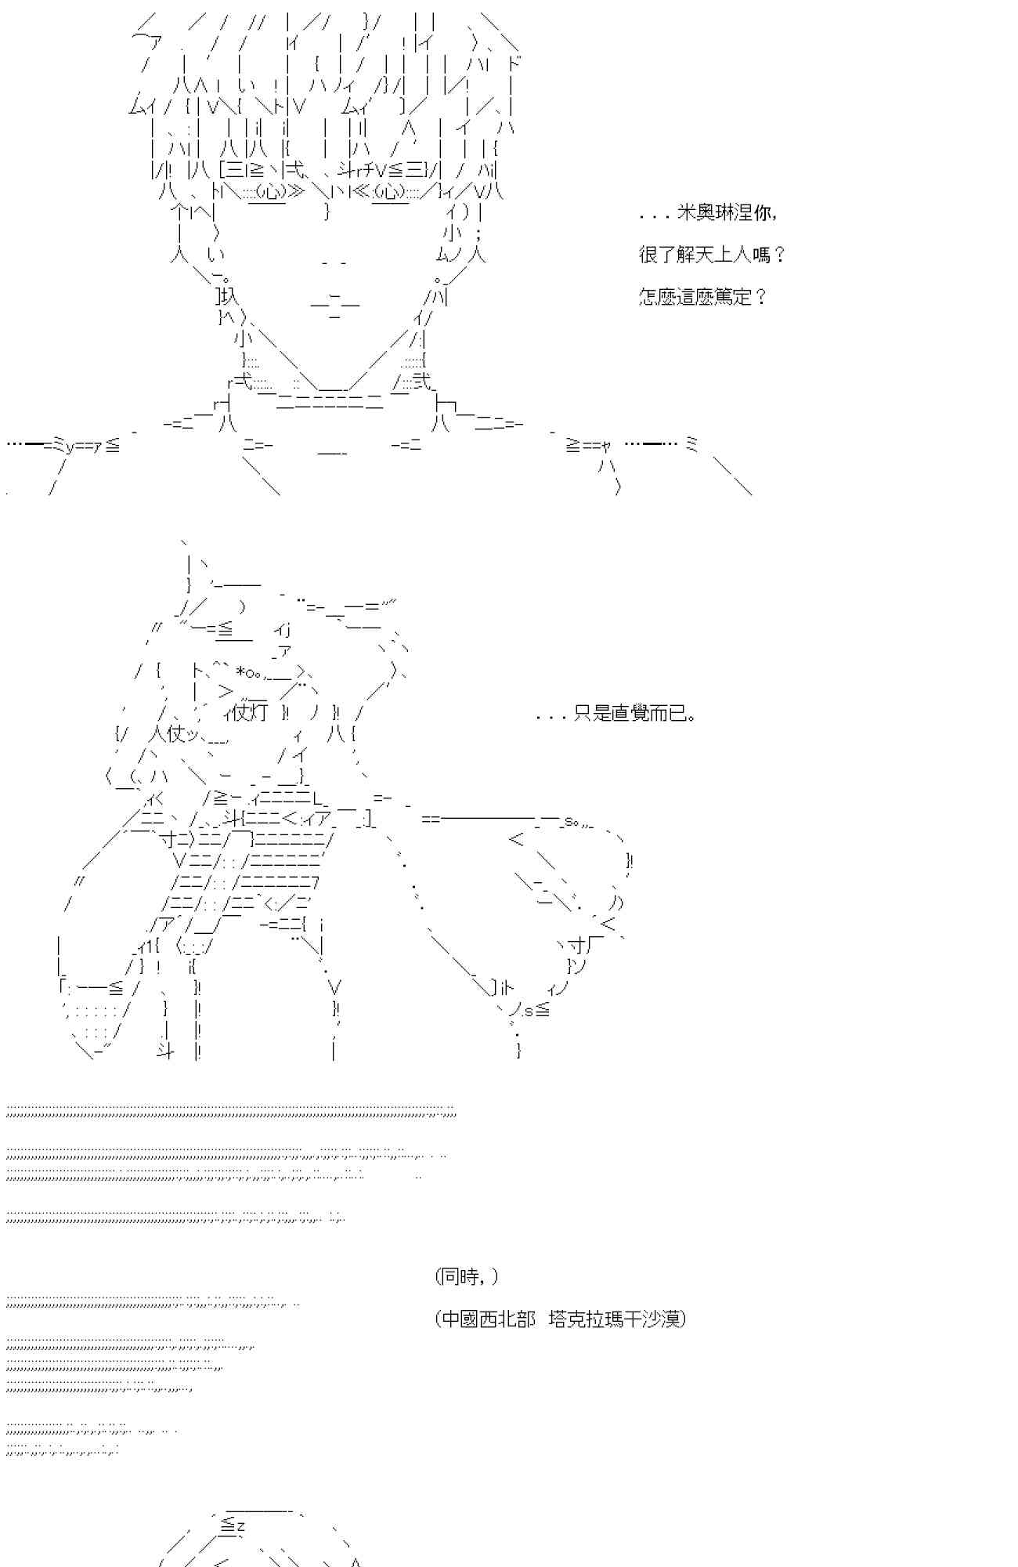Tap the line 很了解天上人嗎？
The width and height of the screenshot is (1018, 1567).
pos(712,255)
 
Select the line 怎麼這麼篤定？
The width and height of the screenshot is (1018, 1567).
pos(702,296)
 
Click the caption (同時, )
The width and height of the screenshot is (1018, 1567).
pos(466,1276)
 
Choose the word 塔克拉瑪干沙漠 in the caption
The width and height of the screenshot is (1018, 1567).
pos(615,1319)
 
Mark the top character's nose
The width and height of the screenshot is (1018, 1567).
pos(334,263)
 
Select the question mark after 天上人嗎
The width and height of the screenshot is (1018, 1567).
pos(778,255)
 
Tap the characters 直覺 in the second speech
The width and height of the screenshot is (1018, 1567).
pos(630,714)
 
